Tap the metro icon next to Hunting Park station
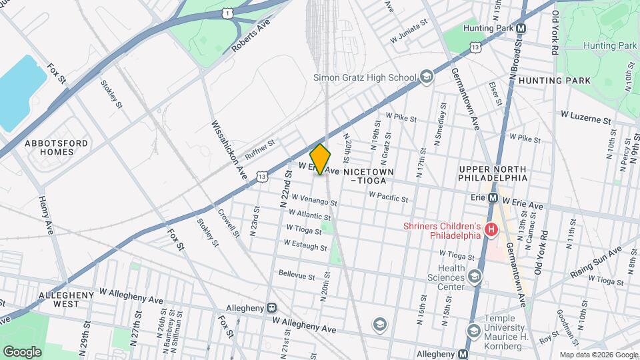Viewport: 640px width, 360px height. (521, 29)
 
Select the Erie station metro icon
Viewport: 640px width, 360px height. (494, 197)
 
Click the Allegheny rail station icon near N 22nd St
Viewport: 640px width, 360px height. (272, 307)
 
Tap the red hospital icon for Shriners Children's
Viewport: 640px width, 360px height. (491, 230)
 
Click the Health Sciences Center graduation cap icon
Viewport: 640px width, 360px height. (475, 277)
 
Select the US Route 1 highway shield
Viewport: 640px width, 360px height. (228, 13)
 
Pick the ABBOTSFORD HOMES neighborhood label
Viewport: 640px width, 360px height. (49, 147)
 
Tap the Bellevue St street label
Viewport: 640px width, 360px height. (296, 274)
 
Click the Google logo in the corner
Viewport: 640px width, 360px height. (22, 351)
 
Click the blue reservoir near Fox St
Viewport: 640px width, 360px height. (20, 90)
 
